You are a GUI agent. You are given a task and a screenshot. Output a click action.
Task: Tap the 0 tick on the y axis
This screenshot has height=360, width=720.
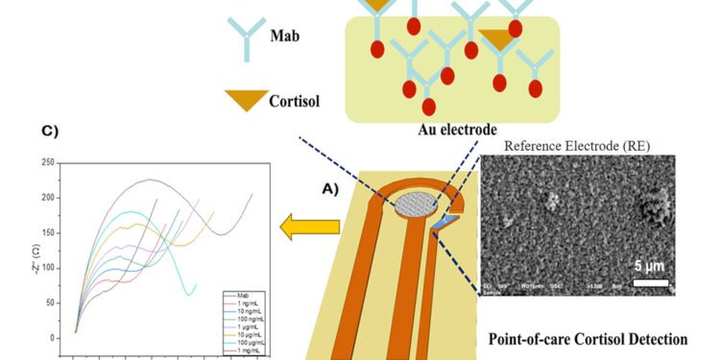pos(52,338)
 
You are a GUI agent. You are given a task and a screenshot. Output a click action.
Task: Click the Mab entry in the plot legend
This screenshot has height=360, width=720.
pos(239,295)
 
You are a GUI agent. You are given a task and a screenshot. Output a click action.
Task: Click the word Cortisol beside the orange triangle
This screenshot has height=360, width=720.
pos(293,99)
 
